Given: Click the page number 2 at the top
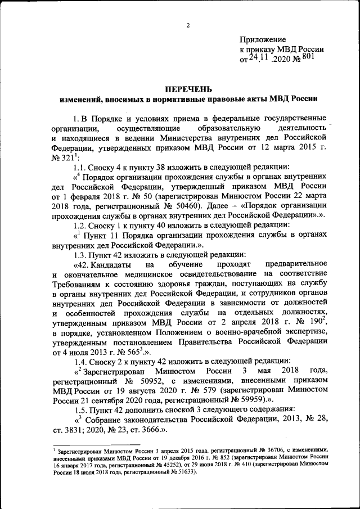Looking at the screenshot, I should [188, 25].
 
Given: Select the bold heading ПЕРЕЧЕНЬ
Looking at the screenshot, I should [188, 88].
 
